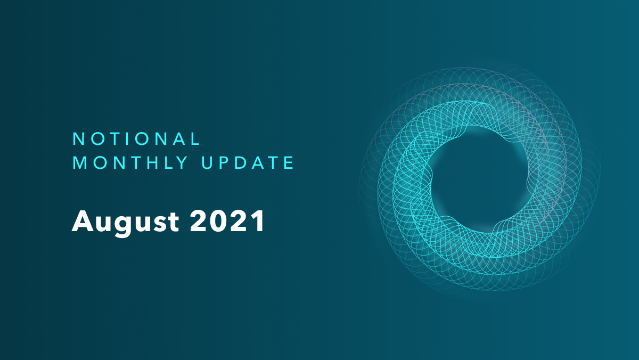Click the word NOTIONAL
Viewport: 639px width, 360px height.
coord(136,139)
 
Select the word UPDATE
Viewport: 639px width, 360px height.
coord(248,163)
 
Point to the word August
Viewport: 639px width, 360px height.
coord(125,222)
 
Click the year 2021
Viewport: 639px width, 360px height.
coord(227,220)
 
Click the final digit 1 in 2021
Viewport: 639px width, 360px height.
coord(259,220)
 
